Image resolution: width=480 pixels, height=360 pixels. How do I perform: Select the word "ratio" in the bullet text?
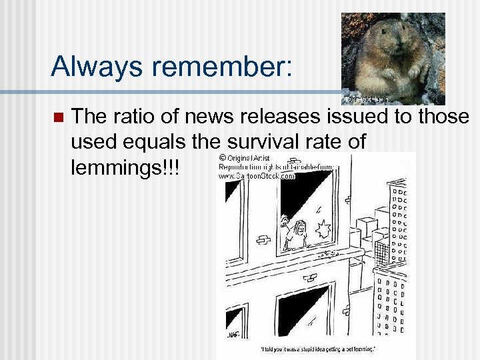[x=136, y=117]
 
